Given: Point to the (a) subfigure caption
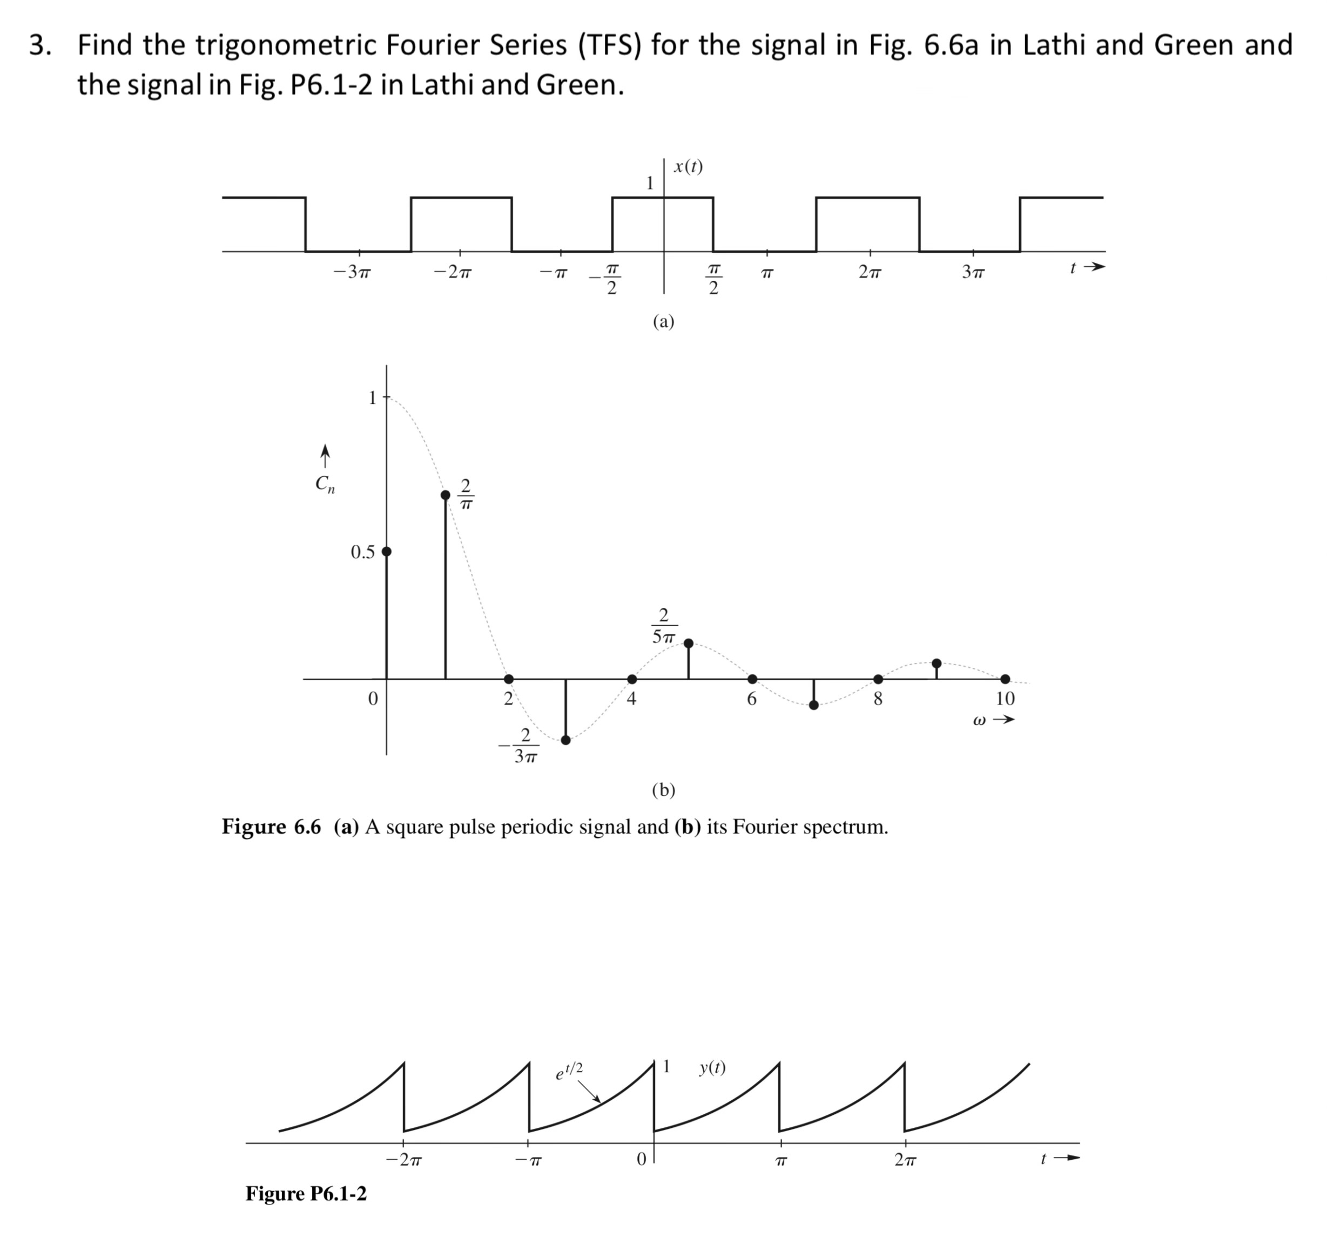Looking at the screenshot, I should coord(663,321).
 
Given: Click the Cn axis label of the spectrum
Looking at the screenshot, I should coord(325,483).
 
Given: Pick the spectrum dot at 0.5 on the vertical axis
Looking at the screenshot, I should coord(387,552).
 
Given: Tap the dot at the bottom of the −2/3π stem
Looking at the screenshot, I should coord(565,740).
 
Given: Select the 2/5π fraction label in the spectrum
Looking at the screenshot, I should coord(663,626).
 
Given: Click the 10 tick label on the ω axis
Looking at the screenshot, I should coord(1005,699).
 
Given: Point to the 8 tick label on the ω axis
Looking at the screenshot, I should coord(878,699).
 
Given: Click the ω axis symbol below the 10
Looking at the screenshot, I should coord(979,721).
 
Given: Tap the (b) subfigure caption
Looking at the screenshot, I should coord(663,790).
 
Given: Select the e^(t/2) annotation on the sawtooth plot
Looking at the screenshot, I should coord(569,1071).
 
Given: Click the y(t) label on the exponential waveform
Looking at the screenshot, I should coord(711,1067).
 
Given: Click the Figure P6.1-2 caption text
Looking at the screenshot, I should coord(306,1193).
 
